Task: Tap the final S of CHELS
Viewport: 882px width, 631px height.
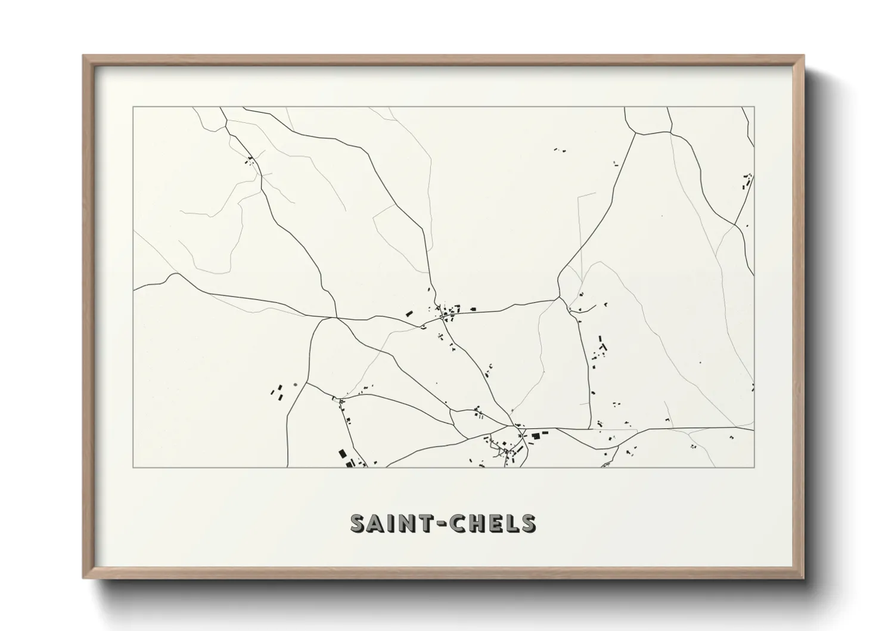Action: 526,523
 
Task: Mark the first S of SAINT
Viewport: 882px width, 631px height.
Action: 359,523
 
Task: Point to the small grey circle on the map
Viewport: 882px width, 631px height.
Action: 294,385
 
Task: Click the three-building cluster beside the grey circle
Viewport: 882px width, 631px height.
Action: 277,391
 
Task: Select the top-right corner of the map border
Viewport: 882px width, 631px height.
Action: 754,107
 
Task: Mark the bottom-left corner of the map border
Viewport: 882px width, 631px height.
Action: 133,467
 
